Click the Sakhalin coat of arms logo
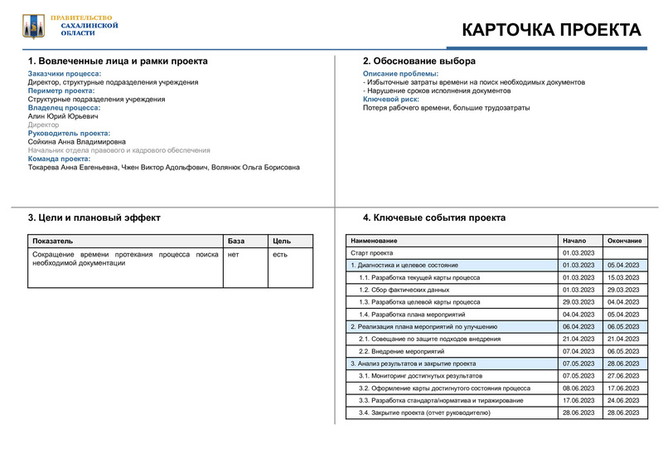pyautogui.click(x=34, y=27)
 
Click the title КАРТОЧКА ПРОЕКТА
pyautogui.click(x=550, y=31)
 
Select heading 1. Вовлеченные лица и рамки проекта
pyautogui.click(x=118, y=61)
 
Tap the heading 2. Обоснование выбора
pyautogui.click(x=419, y=61)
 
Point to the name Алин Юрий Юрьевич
pyautogui.click(x=64, y=116)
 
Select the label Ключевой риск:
pyautogui.click(x=390, y=100)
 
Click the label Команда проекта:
pyautogui.click(x=59, y=159)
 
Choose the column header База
pyautogui.click(x=236, y=241)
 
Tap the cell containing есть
pyautogui.click(x=280, y=254)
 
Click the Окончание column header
pyautogui.click(x=624, y=241)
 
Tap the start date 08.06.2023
pyautogui.click(x=578, y=388)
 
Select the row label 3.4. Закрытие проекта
pyautogui.click(x=424, y=413)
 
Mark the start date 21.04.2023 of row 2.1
pyautogui.click(x=578, y=339)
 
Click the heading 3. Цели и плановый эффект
pyautogui.click(x=94, y=217)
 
